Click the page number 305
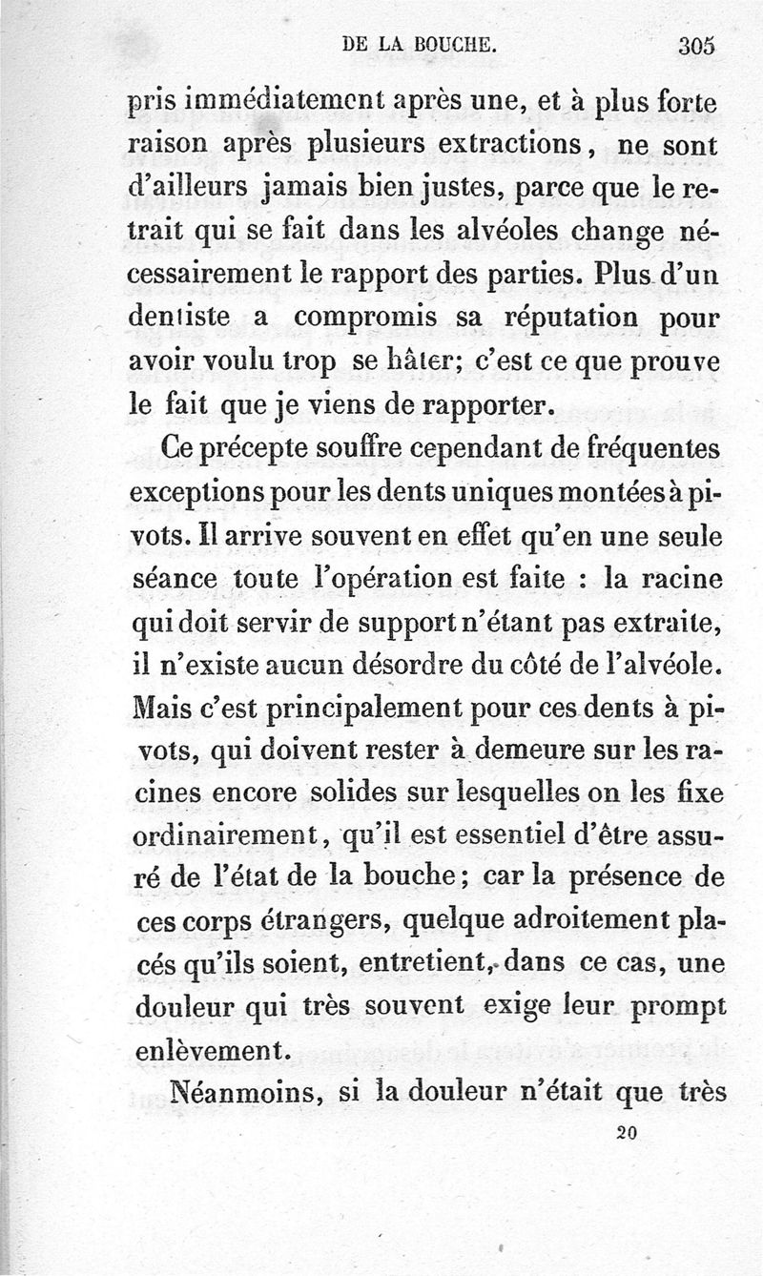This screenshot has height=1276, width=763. pyautogui.click(x=696, y=45)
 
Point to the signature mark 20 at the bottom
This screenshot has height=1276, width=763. pyautogui.click(x=627, y=1132)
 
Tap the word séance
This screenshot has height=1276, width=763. pyautogui.click(x=172, y=579)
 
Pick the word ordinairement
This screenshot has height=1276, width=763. pyautogui.click(x=228, y=839)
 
